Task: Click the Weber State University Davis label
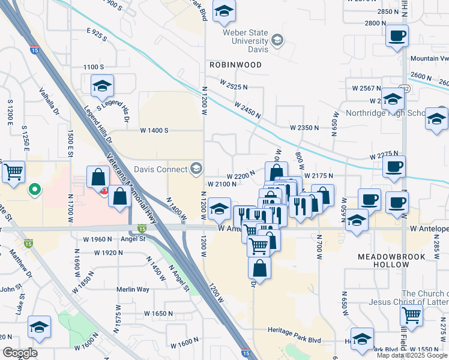click(246, 40)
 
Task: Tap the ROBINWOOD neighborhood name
click(235, 64)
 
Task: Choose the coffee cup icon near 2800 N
click(397, 36)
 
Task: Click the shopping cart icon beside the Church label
click(411, 314)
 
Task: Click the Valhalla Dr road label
click(50, 103)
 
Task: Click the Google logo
click(20, 353)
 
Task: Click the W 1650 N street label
click(158, 314)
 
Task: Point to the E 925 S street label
click(96, 34)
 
